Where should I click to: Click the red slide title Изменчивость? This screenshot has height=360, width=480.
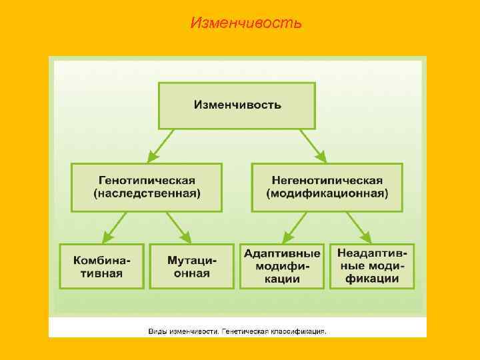(246, 23)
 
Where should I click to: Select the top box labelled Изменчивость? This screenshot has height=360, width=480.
(237, 105)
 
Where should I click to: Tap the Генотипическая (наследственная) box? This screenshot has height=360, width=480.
(147, 187)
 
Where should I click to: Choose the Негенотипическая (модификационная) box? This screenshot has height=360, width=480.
(327, 187)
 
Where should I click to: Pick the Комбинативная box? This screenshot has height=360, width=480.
(101, 266)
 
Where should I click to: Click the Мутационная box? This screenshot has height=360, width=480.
(191, 266)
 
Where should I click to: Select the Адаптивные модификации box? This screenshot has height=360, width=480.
(282, 266)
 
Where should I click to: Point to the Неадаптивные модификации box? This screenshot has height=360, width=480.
(372, 266)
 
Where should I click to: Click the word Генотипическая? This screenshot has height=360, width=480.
(147, 180)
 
